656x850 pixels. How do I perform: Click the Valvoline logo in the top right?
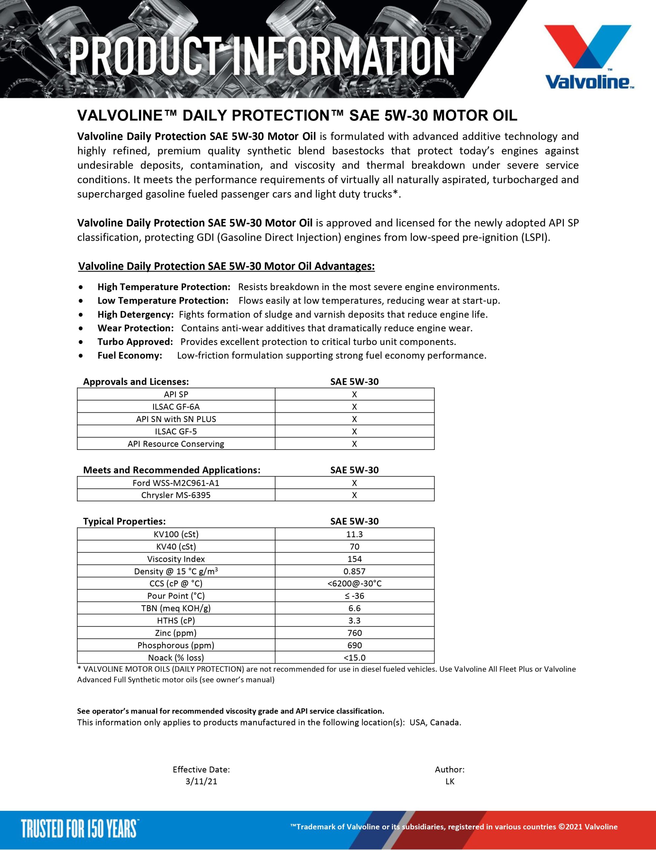pyautogui.click(x=589, y=57)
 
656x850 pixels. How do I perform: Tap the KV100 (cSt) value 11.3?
pyautogui.click(x=354, y=534)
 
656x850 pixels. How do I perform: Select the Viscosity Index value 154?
pyautogui.click(x=354, y=559)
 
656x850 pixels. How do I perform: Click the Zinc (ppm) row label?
pyautogui.click(x=176, y=633)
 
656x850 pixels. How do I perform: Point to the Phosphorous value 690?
pyautogui.click(x=354, y=645)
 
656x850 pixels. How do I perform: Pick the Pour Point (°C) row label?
pyautogui.click(x=176, y=596)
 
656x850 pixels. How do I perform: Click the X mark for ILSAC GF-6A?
pyautogui.click(x=354, y=407)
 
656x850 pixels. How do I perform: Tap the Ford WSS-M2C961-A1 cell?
pyautogui.click(x=176, y=483)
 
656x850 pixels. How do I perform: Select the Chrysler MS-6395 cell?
pyautogui.click(x=176, y=495)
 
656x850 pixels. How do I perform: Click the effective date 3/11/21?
pyautogui.click(x=201, y=782)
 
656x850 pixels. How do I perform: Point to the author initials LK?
pyautogui.click(x=449, y=782)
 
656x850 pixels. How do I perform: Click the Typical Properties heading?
pyautogui.click(x=124, y=521)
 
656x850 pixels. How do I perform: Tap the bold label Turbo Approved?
pyautogui.click(x=135, y=342)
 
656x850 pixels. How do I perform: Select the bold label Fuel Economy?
pyautogui.click(x=129, y=355)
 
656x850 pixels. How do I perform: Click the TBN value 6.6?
pyautogui.click(x=354, y=608)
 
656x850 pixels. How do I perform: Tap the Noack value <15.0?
pyautogui.click(x=354, y=658)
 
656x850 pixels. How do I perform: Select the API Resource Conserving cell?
pyautogui.click(x=176, y=444)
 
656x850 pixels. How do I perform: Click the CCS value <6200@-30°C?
pyautogui.click(x=354, y=583)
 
